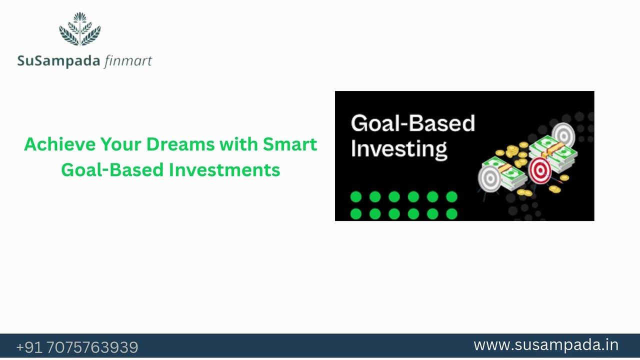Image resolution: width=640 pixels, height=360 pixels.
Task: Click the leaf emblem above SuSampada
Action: [80, 29]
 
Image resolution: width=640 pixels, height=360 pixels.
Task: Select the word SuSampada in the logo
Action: [59, 61]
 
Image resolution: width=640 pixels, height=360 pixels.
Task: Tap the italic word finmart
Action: [128, 61]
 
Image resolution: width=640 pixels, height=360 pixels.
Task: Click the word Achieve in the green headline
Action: [59, 144]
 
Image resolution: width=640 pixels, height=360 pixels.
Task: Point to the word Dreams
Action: [180, 144]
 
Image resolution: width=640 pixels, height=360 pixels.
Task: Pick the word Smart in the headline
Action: [289, 144]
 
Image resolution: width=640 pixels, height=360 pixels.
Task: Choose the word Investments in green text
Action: [224, 170]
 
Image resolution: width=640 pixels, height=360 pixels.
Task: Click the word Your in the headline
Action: [120, 144]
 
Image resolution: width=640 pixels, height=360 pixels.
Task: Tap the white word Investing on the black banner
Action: [399, 149]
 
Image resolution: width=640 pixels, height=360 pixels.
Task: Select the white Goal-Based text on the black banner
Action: [413, 123]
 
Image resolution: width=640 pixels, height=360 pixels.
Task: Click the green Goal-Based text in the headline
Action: [112, 170]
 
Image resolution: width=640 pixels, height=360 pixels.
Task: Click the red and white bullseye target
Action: [539, 170]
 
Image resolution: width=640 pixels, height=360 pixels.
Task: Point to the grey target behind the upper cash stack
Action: [563, 135]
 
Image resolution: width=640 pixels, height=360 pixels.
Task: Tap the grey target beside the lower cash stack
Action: [489, 179]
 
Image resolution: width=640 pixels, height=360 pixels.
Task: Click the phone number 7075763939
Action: [92, 347]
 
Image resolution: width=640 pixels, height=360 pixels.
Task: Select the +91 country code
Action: [29, 347]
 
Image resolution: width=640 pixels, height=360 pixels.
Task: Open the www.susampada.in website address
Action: [546, 345]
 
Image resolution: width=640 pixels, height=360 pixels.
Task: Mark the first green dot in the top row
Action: [356, 197]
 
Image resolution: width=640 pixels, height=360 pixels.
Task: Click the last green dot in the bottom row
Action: [451, 214]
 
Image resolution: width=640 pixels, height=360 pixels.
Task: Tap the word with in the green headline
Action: [239, 144]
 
